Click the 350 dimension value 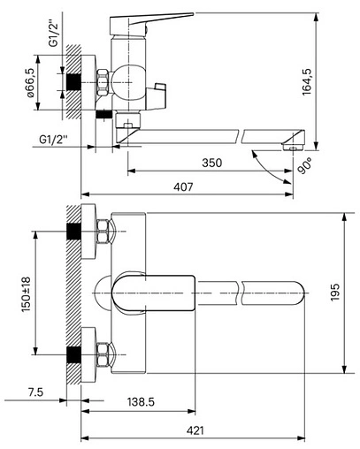click(211, 164)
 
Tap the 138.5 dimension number click(140, 402)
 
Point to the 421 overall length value click(195, 430)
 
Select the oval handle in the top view click(155, 292)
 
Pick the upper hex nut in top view click(103, 233)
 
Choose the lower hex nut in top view click(103, 351)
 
